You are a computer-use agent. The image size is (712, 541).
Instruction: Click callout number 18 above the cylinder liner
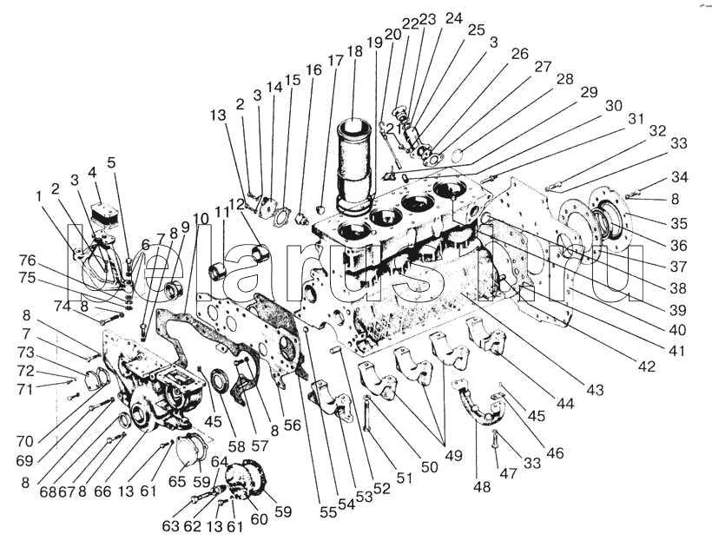(x=354, y=51)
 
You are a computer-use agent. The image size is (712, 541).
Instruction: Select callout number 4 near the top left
(x=93, y=170)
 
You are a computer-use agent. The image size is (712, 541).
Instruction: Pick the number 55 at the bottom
(x=327, y=512)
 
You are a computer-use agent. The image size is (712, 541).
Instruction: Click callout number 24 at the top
(x=454, y=17)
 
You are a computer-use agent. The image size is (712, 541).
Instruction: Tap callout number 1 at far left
(x=39, y=196)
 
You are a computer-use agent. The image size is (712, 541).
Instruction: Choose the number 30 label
(x=614, y=105)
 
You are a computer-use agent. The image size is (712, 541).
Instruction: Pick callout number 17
(x=335, y=62)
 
